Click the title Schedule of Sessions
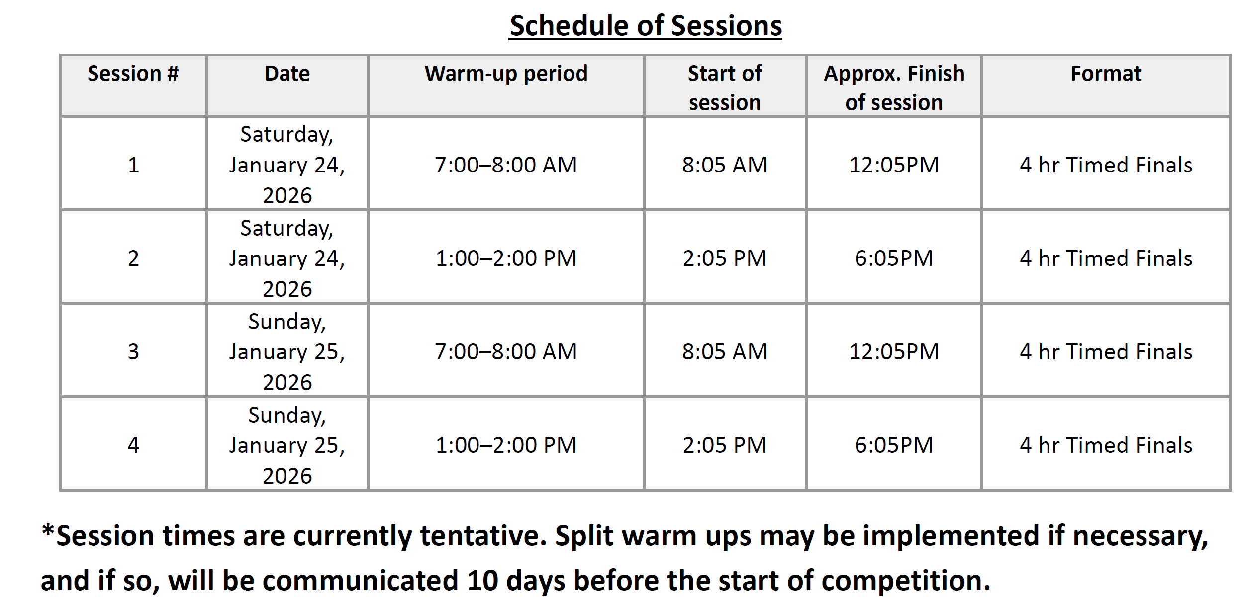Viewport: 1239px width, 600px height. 646,26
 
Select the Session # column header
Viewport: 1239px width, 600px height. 133,74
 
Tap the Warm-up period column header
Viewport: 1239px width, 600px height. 506,74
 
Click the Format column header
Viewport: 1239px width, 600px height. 1106,74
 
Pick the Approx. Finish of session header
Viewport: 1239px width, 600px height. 894,87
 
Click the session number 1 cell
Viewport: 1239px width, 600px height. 133,165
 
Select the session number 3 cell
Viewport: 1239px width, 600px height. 133,352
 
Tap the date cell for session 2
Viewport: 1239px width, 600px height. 287,258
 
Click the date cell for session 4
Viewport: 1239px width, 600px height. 287,445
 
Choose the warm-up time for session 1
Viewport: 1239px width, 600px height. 506,165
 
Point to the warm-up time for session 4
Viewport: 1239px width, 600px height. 506,445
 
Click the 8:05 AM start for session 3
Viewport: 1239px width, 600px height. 725,352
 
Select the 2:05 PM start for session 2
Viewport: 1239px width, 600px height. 725,258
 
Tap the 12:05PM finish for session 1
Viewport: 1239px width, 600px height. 894,165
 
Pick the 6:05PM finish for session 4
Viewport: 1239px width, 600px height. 894,445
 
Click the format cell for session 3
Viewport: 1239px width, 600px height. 1106,352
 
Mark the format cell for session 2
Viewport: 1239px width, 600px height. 1106,258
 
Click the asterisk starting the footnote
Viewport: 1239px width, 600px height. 48,530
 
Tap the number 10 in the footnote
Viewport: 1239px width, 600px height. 482,580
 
